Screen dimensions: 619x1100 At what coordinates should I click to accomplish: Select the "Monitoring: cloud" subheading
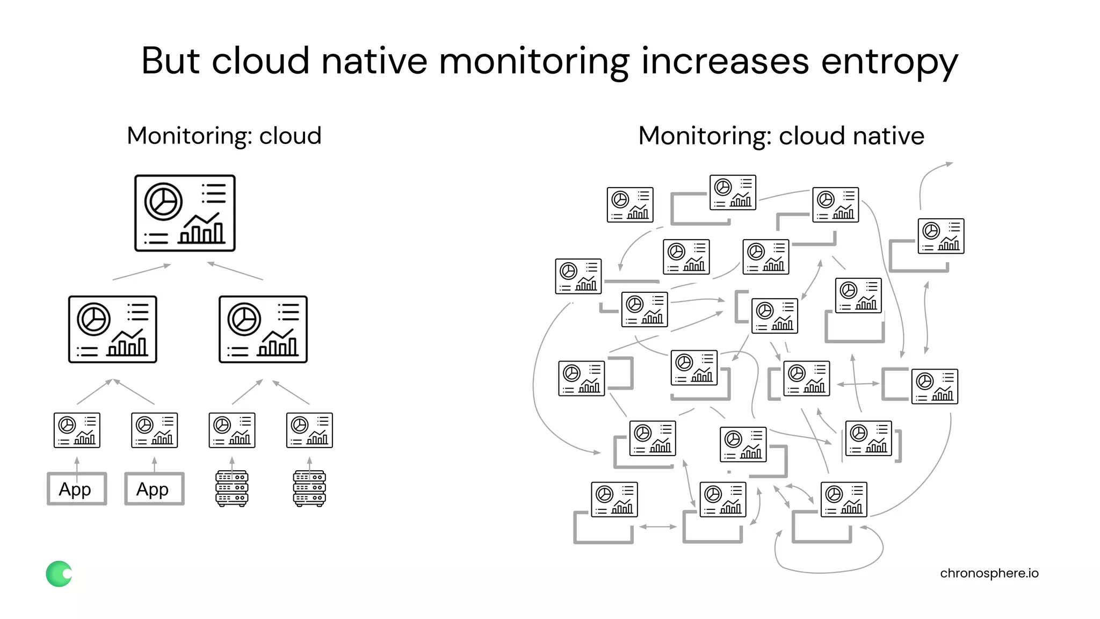point(224,135)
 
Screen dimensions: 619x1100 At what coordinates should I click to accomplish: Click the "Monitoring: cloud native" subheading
point(781,135)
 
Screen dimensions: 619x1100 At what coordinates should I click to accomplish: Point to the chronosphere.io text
point(989,573)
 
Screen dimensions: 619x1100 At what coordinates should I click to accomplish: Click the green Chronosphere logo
point(59,574)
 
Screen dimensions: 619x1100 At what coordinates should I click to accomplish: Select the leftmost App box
point(77,489)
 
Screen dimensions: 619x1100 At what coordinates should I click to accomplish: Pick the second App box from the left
point(154,489)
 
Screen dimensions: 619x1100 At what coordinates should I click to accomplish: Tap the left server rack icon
point(231,488)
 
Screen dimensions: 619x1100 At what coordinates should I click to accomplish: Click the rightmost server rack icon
point(309,488)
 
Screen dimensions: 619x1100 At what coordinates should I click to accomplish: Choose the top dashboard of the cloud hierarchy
point(185,213)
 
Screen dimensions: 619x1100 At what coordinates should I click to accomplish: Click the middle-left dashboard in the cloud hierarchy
point(113,329)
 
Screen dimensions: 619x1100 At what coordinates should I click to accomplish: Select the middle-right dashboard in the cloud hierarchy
point(263,329)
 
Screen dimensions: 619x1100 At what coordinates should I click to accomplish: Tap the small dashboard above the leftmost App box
point(77,430)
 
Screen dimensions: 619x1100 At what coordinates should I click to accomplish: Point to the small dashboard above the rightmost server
point(309,430)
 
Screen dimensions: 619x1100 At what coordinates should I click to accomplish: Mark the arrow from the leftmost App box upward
point(77,464)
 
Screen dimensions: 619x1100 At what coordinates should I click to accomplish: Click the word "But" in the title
point(171,61)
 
